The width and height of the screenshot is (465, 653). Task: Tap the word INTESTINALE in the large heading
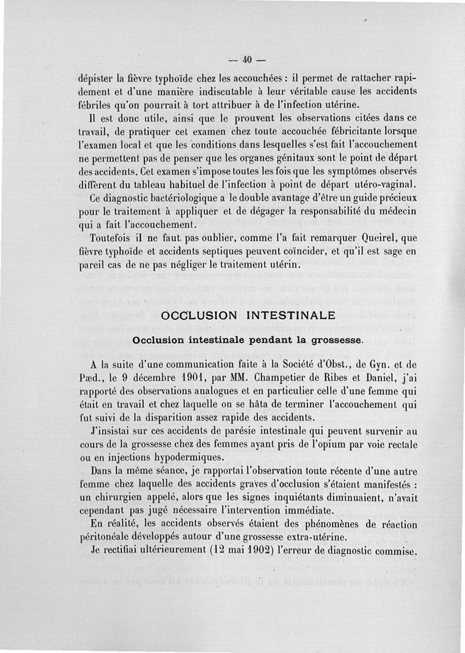pos(291,316)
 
